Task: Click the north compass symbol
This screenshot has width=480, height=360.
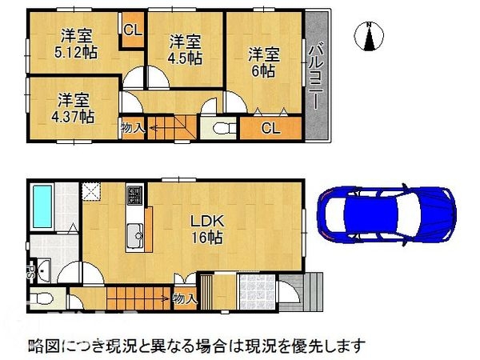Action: coord(370,36)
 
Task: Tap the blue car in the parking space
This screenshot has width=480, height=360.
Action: coord(387,214)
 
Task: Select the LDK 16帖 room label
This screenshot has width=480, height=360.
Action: coord(207,229)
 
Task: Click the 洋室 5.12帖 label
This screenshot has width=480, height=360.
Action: coord(76,44)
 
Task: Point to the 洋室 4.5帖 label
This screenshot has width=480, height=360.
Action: coord(185,50)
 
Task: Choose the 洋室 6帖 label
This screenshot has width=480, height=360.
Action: coord(263,62)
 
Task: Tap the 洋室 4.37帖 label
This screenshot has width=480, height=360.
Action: coord(73,108)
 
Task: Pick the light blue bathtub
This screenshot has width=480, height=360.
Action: coord(42,206)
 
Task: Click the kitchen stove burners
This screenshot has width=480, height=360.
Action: coord(134,195)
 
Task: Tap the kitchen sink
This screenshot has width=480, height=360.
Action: coord(134,235)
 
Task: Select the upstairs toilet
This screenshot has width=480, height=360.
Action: coord(224,129)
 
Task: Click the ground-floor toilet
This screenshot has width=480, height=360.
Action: coord(42,298)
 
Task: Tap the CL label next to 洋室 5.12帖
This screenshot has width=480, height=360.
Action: coord(133,30)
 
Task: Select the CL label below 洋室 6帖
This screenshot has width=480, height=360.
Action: coord(271,128)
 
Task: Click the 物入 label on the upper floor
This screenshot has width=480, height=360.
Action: coord(133,128)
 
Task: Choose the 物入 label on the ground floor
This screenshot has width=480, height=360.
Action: coord(185,298)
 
